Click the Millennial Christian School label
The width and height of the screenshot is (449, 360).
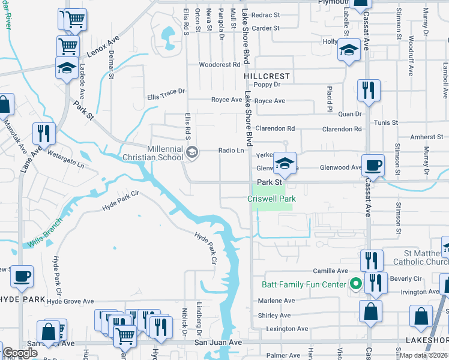(165, 153)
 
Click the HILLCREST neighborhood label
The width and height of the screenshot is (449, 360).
(267, 77)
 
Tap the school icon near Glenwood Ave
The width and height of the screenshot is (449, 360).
(285, 164)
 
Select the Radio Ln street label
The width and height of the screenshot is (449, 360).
(231, 151)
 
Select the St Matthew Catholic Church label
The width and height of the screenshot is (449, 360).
(420, 258)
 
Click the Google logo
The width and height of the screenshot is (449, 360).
(20, 353)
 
